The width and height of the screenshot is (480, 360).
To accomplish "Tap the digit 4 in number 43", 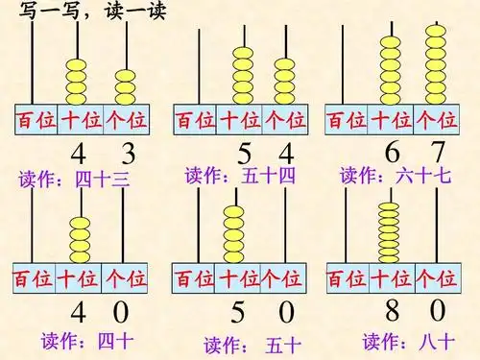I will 80,154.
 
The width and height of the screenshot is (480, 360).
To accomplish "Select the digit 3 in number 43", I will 125,154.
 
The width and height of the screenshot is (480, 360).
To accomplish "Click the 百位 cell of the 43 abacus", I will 34,121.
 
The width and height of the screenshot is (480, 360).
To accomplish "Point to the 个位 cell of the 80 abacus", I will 435,279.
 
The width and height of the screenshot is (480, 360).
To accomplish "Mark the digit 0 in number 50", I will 286,314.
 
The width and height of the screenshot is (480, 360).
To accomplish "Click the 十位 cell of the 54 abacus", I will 240,120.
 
